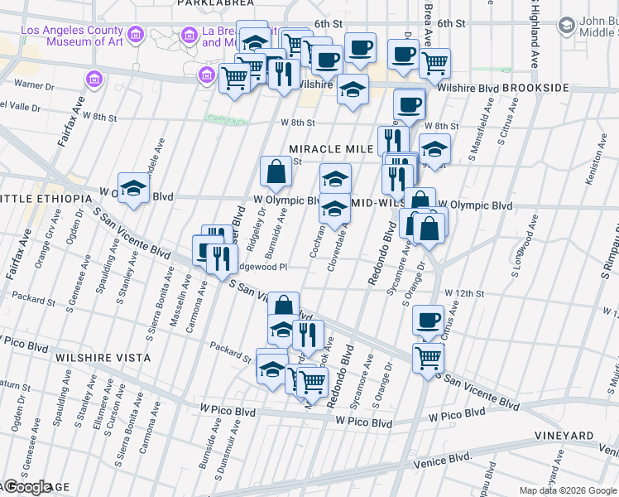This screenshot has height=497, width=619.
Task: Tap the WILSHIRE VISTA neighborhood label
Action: click(103, 357)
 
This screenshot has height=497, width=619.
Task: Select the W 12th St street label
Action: click(463, 293)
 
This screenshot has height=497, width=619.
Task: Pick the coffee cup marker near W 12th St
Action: click(428, 321)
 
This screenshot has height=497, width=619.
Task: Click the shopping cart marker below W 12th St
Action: click(428, 359)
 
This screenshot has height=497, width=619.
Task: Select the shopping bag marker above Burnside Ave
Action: click(276, 172)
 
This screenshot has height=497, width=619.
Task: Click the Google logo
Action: click(26, 487)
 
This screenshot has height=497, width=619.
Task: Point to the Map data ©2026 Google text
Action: click(569, 490)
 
